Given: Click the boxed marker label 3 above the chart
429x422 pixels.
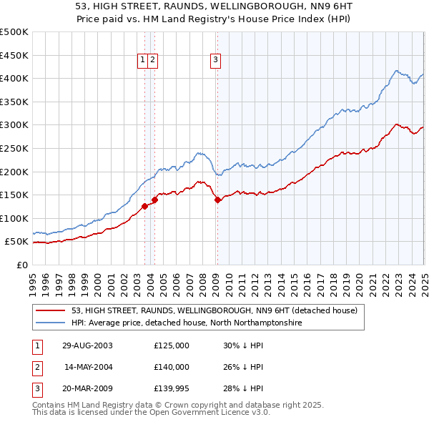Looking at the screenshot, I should (x=215, y=61).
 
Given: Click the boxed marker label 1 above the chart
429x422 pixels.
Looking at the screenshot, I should (x=143, y=61).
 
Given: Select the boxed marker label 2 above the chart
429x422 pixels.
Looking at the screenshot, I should (x=153, y=61).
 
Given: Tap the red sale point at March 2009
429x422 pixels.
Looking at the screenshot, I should (x=217, y=200).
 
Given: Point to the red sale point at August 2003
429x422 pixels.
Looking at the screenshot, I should (x=144, y=207).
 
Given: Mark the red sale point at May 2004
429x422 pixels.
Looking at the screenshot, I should (x=154, y=200).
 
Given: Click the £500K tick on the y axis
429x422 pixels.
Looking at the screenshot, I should (x=14, y=32).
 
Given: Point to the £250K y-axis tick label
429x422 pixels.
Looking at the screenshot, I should (x=14, y=148).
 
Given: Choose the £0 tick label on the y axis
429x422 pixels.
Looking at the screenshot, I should (x=23, y=265).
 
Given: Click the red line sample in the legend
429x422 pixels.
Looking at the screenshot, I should (x=51, y=310).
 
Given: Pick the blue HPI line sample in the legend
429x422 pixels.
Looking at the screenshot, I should (x=51, y=323).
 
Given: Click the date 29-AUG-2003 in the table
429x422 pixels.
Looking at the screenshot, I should (x=87, y=345).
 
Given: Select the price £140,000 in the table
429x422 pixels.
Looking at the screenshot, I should (x=172, y=367).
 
